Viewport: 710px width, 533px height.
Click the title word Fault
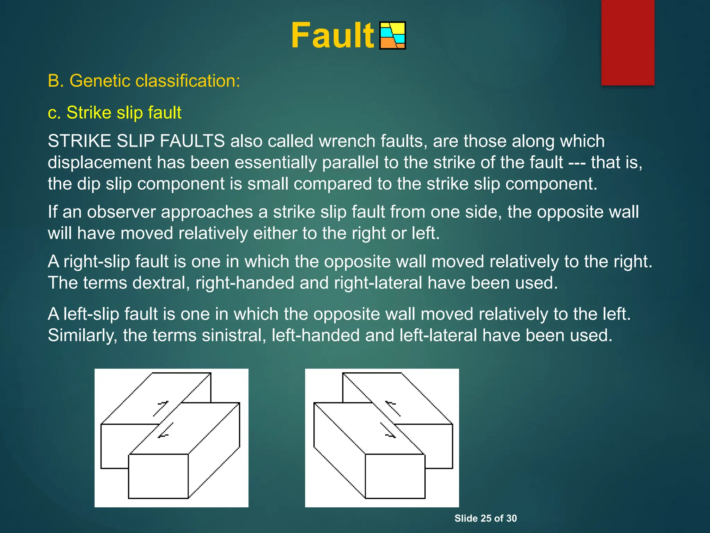[x=332, y=36]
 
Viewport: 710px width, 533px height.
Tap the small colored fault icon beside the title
[x=392, y=36]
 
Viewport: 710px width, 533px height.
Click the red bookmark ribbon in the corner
[x=627, y=42]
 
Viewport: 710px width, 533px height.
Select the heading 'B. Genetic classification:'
[x=144, y=81]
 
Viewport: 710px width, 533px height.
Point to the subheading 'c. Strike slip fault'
[x=114, y=113]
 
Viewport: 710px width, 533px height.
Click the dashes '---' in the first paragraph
[x=577, y=163]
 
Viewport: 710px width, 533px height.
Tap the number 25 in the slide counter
[x=486, y=518]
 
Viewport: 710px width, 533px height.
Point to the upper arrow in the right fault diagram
[x=393, y=408]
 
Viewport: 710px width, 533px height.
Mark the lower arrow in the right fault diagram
[x=388, y=430]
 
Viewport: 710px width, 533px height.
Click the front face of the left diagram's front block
[x=158, y=476]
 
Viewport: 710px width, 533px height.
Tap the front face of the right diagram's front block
[x=395, y=476]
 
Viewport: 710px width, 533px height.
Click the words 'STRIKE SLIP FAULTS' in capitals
[x=136, y=141]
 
